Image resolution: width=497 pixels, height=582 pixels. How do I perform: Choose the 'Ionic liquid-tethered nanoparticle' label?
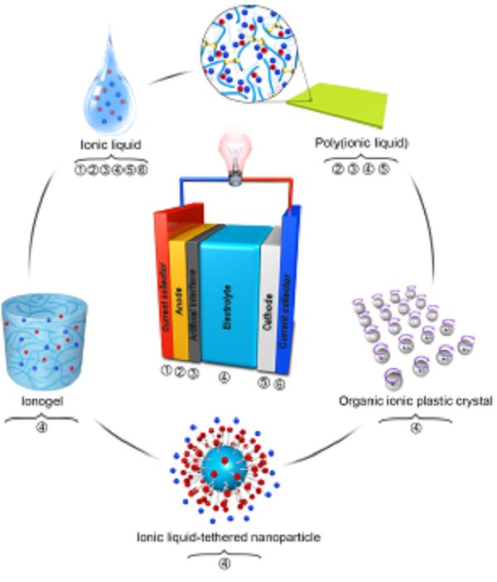click(x=227, y=537)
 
